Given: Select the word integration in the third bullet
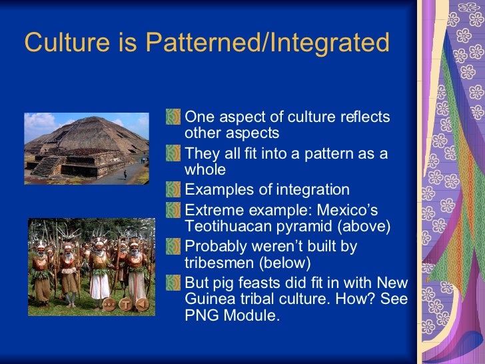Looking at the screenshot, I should (x=310, y=190).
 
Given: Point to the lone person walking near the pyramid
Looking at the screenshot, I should (x=124, y=174).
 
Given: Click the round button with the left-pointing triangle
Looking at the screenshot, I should (x=141, y=305).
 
